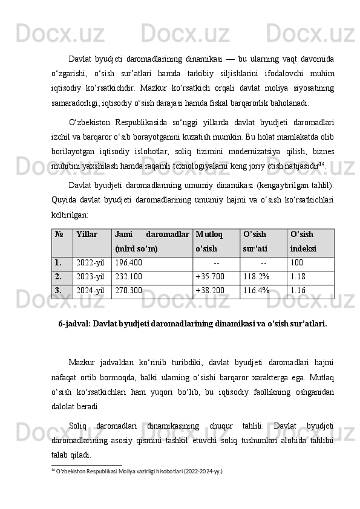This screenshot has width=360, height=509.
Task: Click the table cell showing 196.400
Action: (128, 263)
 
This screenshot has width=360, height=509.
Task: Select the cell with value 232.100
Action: (128, 277)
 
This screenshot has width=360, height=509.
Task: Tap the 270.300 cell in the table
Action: (128, 291)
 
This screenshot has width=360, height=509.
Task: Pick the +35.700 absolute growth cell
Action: (209, 277)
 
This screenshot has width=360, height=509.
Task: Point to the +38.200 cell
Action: (209, 291)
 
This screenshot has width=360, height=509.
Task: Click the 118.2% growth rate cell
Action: (256, 277)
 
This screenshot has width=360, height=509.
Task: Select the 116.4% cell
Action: (256, 291)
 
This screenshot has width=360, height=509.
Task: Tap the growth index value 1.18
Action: (297, 277)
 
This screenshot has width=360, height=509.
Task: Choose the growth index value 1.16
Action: (297, 291)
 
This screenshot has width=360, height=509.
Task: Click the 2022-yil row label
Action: (90, 263)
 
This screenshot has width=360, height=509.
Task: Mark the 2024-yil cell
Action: (90, 291)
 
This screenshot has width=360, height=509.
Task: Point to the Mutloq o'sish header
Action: (209, 241)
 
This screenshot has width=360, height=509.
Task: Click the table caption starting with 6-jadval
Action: (192, 323)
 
